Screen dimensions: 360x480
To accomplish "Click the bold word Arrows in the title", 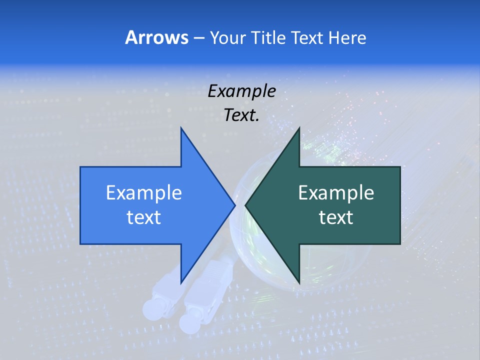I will pos(156,37).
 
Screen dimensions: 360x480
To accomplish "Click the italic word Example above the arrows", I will pos(241,91).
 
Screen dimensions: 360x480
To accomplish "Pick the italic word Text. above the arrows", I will pos(241,115).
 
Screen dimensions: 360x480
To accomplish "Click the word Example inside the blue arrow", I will pos(144,192).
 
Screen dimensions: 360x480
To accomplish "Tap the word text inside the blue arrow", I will pos(144,217).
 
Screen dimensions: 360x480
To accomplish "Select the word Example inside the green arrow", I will pos(336,192).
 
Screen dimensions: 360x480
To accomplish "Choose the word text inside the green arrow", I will pos(336,217).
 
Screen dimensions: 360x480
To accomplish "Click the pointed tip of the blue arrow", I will pos(234,205).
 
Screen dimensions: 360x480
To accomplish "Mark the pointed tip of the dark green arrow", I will pos(245,205).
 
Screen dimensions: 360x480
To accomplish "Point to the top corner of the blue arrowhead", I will pos(181,128).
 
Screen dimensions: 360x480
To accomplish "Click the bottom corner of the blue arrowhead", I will pos(181,282).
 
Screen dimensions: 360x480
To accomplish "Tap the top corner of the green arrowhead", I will pos(299,128).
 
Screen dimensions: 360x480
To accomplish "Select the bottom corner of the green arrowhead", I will pos(299,282).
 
